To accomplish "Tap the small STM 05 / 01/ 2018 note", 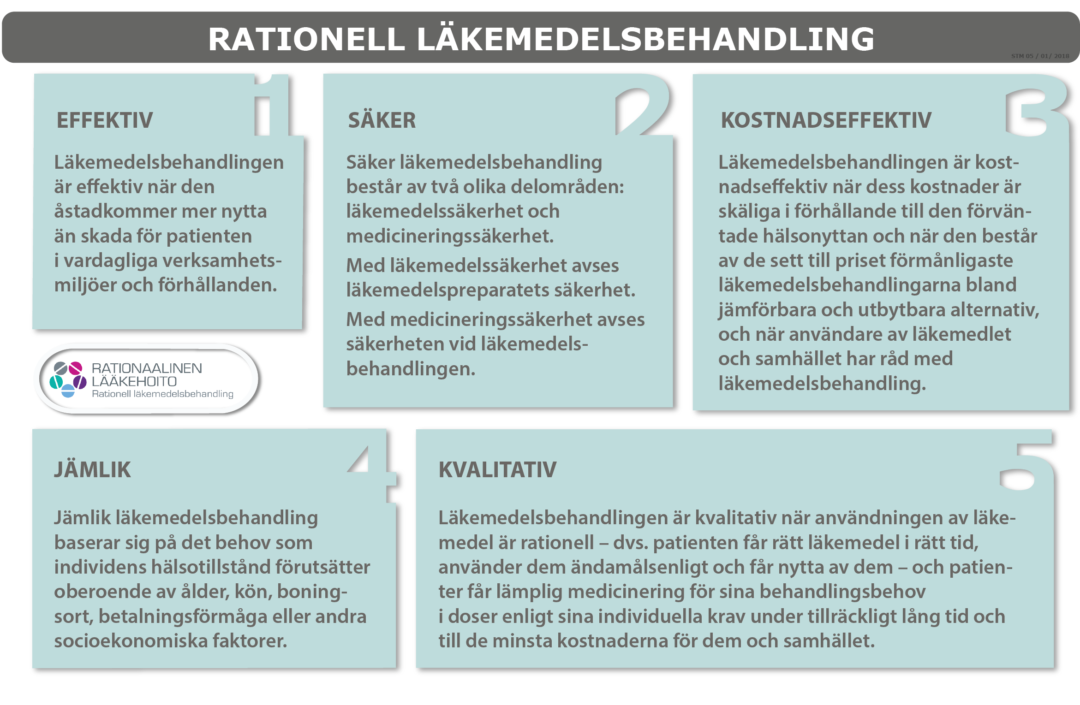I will [1040, 56].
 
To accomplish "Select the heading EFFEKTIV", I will [105, 120].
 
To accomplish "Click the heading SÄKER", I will [382, 120].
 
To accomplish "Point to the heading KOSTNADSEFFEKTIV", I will [826, 120].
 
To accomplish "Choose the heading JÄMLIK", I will [93, 470].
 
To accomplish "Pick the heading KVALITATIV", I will [497, 470].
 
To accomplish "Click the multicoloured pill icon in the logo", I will [68, 379].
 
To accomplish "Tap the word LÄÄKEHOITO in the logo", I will [134, 382].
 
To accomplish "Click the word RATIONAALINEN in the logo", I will [147, 368].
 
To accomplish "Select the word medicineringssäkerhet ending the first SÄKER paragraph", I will [450, 236].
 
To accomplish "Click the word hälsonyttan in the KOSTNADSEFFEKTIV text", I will [815, 236].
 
